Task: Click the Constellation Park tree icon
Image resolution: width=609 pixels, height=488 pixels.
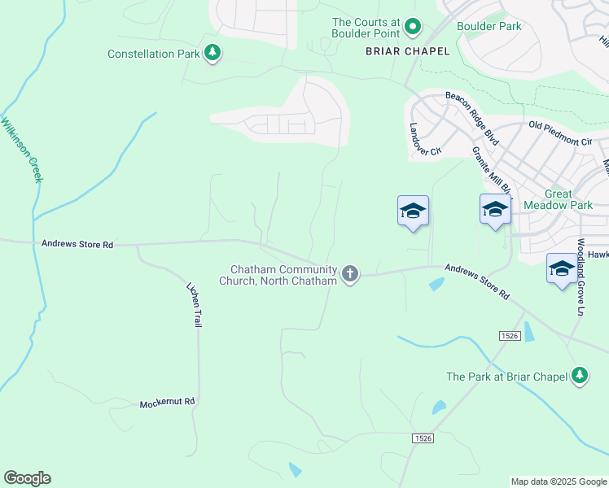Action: coord(212,54)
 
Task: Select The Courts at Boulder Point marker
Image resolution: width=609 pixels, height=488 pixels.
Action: coord(412,28)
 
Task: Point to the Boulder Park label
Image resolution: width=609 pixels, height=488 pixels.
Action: coord(489,26)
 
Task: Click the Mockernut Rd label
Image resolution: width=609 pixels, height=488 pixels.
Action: coord(168,403)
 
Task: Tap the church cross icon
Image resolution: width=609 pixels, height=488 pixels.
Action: coord(350,274)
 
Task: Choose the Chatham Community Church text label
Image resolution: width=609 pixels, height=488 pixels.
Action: coord(283,275)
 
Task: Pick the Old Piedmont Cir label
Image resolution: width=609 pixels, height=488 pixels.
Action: coord(560,133)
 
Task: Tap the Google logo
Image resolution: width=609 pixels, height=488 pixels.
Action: coord(27,478)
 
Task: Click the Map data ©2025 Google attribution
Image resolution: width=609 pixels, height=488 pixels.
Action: coord(558,481)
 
